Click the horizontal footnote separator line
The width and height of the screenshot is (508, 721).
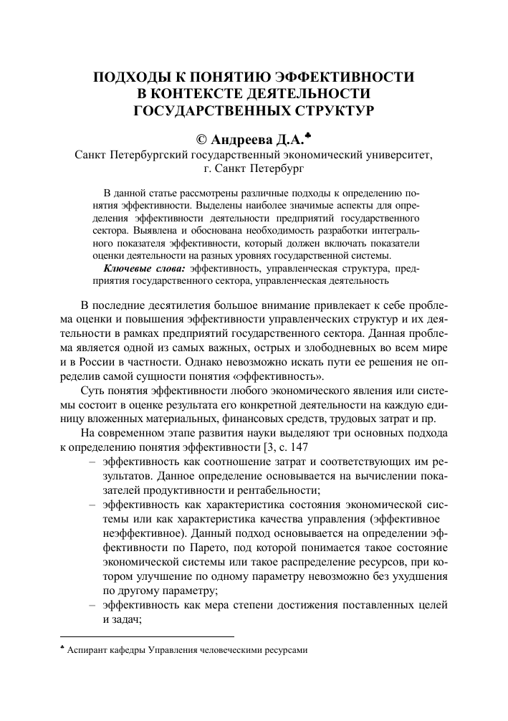point(146,636)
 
